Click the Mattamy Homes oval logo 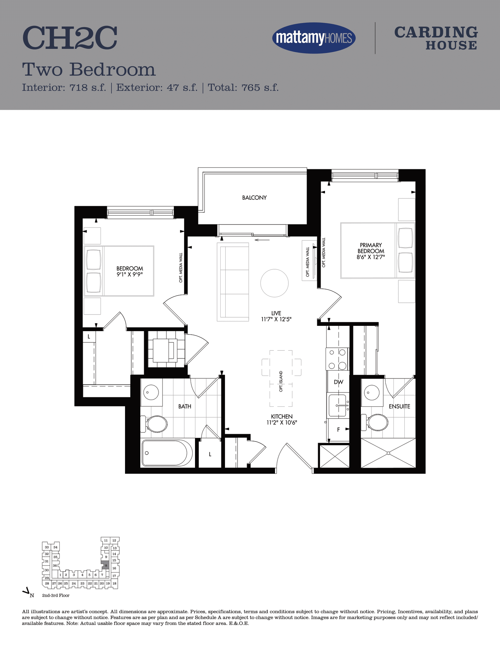314,38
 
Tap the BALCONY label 254,197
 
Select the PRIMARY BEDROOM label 371,248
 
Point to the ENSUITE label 399,406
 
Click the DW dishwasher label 338,382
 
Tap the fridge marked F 338,430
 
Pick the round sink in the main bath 151,392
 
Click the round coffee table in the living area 274,283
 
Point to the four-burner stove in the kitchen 337,359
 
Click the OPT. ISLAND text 281,381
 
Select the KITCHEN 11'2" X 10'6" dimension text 282,420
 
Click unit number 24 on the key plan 74,583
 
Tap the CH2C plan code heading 70,38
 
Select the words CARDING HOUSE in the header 436,38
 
